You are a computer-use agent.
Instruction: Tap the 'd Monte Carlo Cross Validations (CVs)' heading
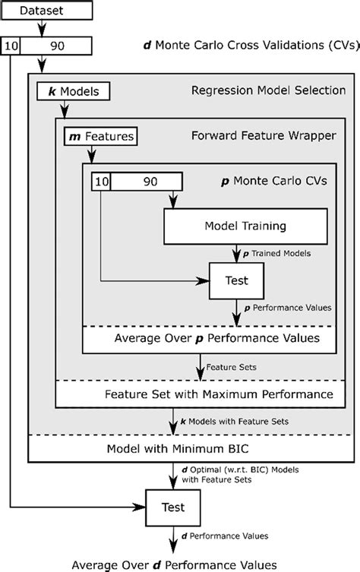[x=251, y=46]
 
